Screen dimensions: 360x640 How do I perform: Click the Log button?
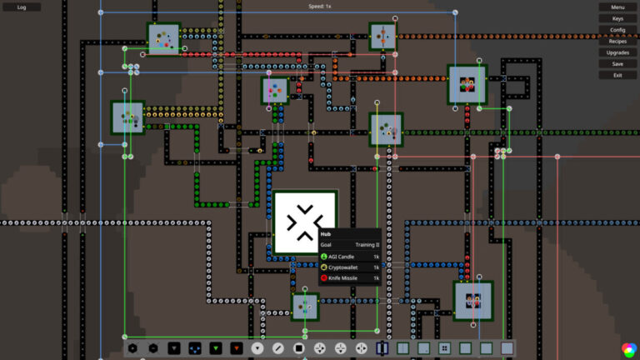pos(22,7)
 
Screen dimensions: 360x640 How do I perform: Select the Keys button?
pos(617,18)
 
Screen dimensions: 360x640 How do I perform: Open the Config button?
pos(617,30)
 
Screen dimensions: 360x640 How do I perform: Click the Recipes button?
pos(617,42)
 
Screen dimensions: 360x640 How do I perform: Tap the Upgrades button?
pos(617,52)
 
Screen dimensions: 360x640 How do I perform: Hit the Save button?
pos(617,64)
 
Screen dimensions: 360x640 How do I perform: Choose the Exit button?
pos(617,75)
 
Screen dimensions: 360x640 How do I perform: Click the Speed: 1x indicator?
pos(320,7)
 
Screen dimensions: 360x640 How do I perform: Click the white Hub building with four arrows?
pos(305,222)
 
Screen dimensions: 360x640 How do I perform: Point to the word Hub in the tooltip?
pos(326,234)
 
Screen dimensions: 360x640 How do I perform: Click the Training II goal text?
pos(366,245)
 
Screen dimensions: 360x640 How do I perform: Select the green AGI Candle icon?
pos(324,256)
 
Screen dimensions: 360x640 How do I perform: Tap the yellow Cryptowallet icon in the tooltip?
pos(324,267)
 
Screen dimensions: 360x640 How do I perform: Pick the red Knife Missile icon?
pos(324,277)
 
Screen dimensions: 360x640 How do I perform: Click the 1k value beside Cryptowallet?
pos(376,267)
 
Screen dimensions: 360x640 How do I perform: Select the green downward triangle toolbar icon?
pos(215,347)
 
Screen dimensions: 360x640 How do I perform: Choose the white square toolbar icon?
pos(299,347)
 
